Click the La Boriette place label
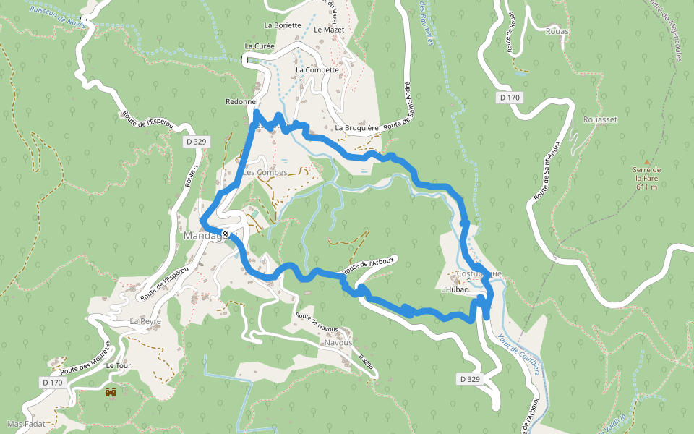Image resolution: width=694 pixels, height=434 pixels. [283, 25]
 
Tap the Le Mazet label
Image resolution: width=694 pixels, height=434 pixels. [329, 30]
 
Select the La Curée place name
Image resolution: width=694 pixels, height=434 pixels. [259, 46]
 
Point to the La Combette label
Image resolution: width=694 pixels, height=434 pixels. [317, 70]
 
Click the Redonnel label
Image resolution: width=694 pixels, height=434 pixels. [241, 102]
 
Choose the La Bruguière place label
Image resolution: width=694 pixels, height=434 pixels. [357, 128]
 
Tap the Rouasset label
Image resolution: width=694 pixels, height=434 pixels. [600, 119]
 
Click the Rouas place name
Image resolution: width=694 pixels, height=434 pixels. [558, 31]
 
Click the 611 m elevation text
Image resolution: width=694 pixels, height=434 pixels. [646, 187]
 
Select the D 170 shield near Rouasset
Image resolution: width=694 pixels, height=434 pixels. [510, 97]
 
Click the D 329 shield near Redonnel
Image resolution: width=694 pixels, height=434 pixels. [196, 142]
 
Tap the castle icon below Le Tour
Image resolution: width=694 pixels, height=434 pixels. [111, 393]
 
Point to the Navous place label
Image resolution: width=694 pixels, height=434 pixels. [338, 342]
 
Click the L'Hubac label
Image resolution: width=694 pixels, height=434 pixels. [455, 289]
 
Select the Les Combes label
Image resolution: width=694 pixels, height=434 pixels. [265, 173]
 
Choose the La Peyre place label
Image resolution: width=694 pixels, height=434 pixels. [145, 320]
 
